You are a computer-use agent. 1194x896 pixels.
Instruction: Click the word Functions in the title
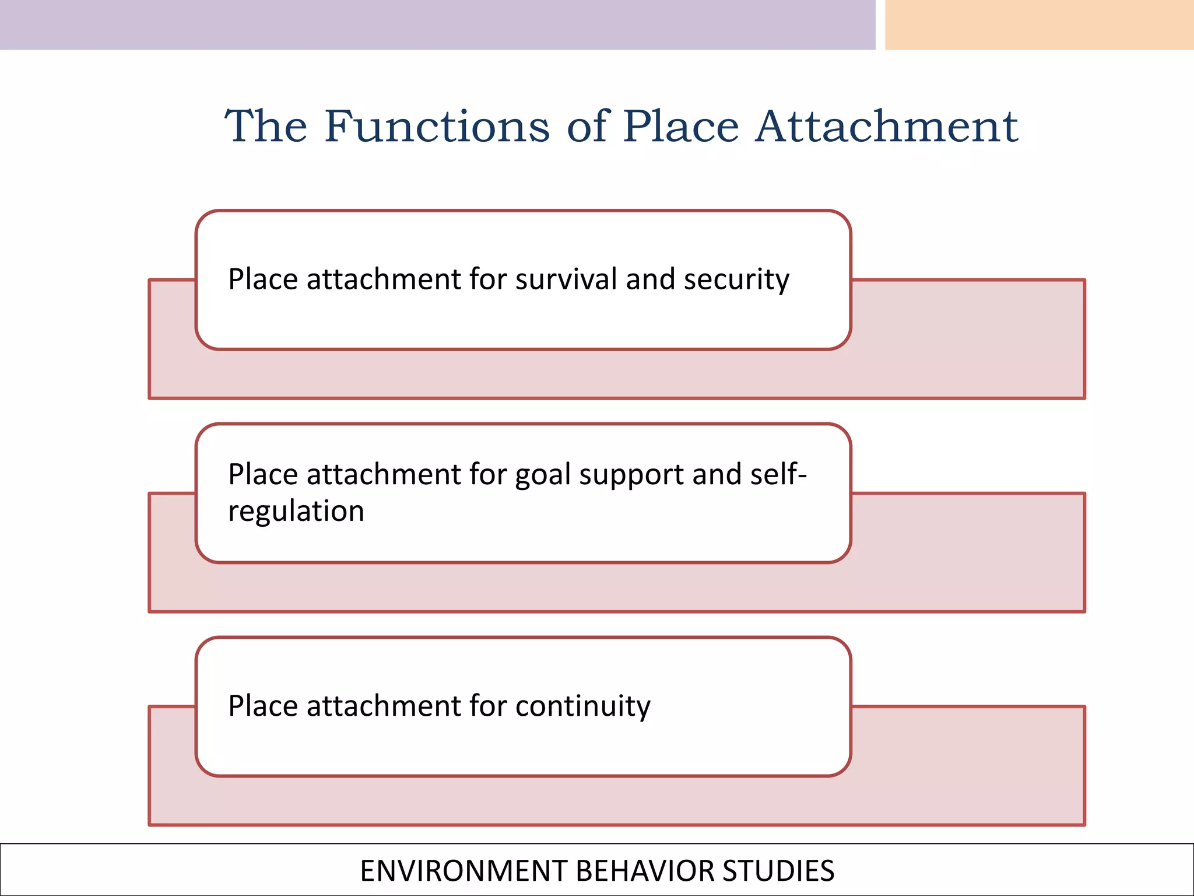point(437,127)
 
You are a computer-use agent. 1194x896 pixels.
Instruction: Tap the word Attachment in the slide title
point(887,127)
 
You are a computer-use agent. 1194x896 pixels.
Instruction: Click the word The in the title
point(266,127)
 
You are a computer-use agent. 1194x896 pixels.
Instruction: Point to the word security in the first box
point(736,280)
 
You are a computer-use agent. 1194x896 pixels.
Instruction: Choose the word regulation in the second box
point(296,512)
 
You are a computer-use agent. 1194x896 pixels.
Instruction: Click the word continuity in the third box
point(582,706)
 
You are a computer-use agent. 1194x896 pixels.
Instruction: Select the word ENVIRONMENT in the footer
point(464,871)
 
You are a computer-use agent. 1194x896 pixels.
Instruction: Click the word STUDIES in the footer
point(778,871)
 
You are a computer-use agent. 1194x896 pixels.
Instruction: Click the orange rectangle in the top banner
point(1039,24)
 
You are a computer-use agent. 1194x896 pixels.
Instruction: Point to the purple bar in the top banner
point(437,24)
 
